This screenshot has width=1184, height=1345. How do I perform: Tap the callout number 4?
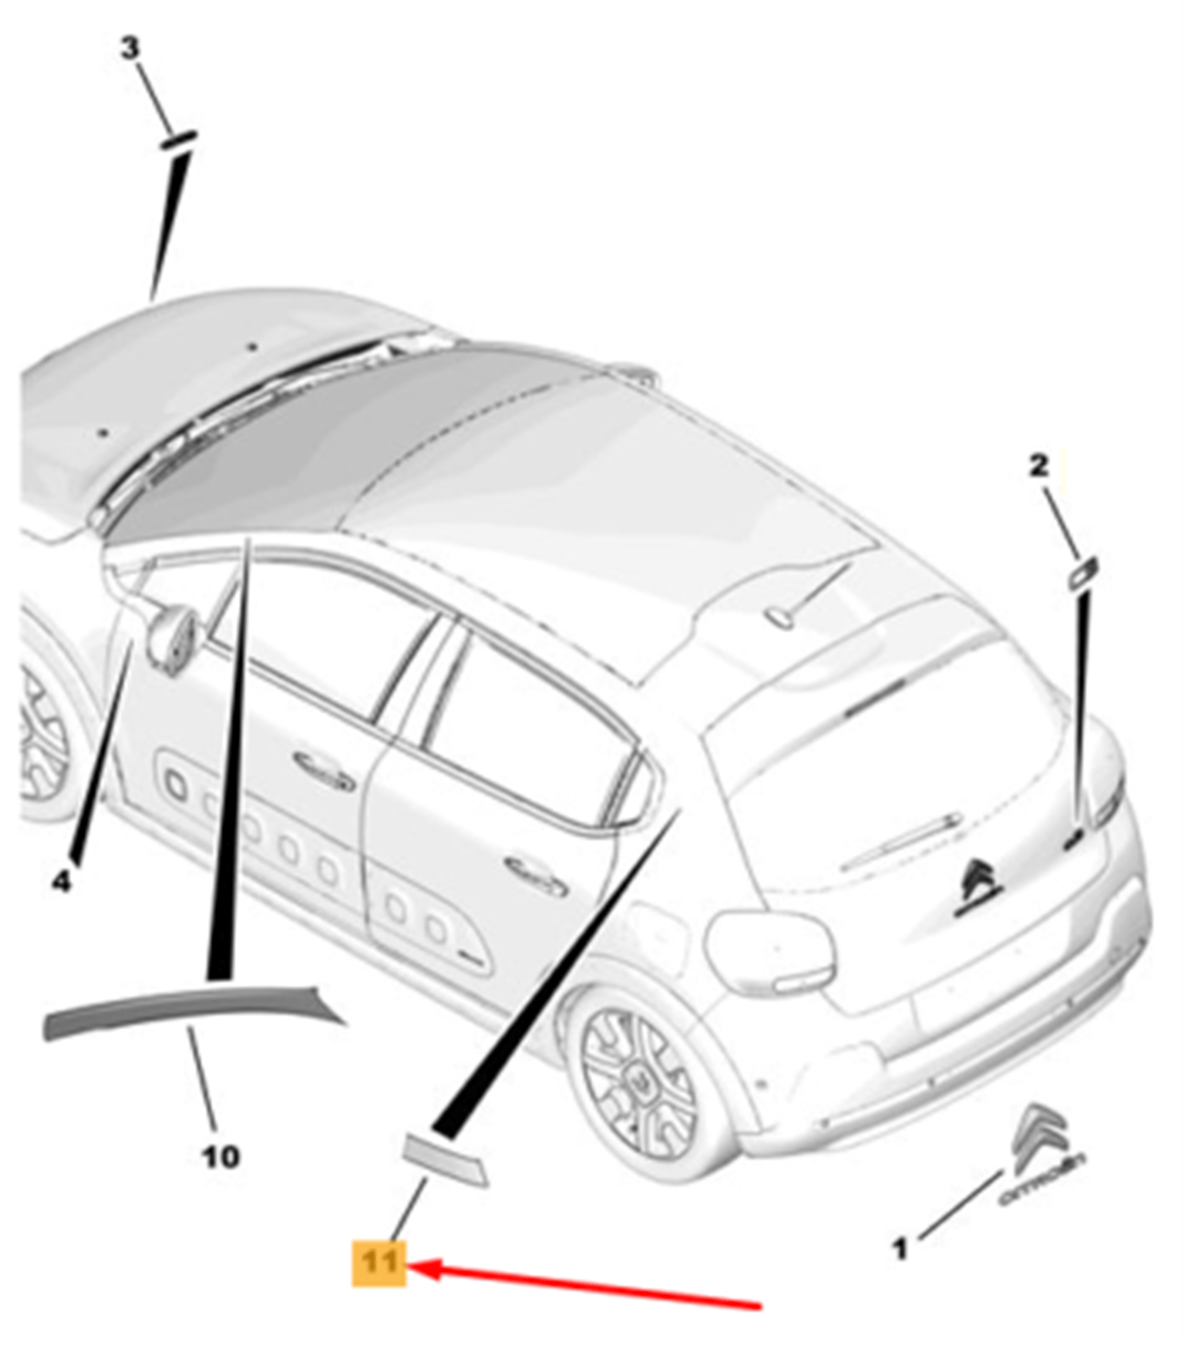[61, 881]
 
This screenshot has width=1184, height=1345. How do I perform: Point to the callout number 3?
[129, 48]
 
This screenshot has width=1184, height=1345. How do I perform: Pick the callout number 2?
[1039, 466]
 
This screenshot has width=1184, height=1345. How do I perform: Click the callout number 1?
[900, 1249]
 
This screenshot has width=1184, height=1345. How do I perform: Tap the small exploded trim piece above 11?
[447, 1159]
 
